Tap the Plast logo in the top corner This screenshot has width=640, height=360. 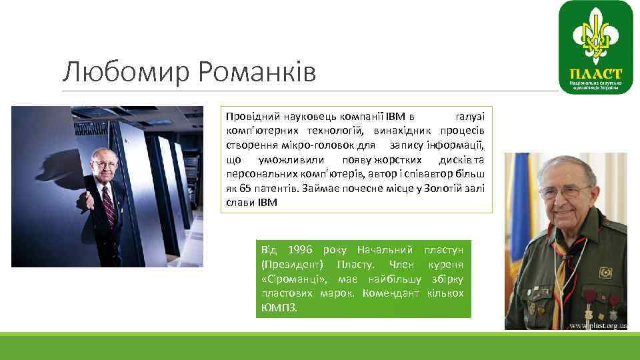click(x=595, y=46)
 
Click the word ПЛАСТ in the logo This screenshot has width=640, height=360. click(x=595, y=73)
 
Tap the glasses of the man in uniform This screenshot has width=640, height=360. click(x=566, y=192)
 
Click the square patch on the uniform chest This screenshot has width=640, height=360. click(x=605, y=273)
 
